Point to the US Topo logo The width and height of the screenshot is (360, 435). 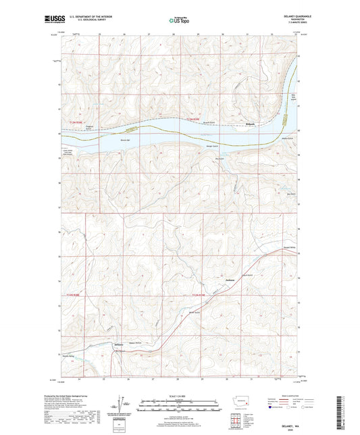[x=179, y=21]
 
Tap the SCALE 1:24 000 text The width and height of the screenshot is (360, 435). [x=179, y=395]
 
